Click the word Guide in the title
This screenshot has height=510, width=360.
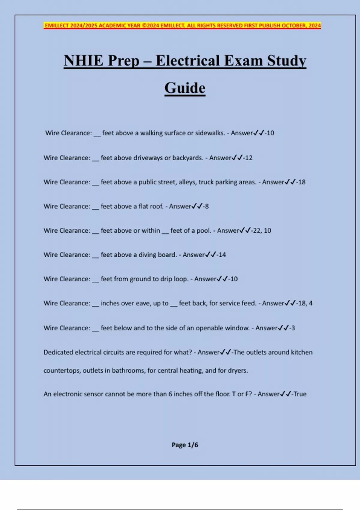click(185, 88)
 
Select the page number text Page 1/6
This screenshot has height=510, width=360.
click(185, 445)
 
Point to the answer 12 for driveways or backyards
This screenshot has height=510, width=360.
click(249, 158)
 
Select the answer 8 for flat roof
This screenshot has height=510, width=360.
click(207, 206)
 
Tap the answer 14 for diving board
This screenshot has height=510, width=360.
click(222, 255)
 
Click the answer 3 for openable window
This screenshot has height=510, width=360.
click(293, 328)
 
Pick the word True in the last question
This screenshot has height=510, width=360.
click(300, 394)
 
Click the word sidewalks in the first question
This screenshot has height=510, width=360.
click(210, 133)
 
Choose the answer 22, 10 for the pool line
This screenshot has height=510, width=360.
click(262, 230)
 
